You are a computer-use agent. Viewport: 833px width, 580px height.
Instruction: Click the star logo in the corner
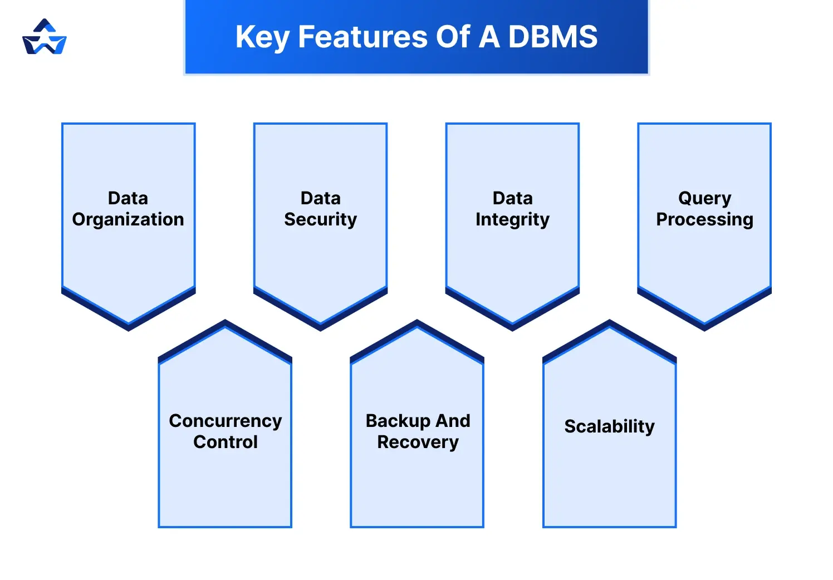[45, 37]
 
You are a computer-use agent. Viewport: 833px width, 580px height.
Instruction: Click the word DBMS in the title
[552, 37]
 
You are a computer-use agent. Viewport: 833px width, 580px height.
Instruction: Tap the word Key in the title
[262, 38]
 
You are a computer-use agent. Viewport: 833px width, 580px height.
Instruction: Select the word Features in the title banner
[362, 37]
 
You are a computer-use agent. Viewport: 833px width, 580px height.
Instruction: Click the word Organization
[128, 220]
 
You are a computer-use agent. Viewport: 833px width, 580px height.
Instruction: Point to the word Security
[320, 220]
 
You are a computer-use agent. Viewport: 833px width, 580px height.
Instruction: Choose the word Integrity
[512, 220]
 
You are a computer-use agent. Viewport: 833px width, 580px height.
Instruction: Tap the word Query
[704, 198]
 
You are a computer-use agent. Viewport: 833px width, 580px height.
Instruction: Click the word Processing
[704, 220]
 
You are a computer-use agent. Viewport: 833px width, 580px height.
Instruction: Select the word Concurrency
[225, 421]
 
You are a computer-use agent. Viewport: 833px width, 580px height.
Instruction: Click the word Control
[225, 442]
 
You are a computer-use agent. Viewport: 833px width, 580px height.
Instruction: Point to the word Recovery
[418, 442]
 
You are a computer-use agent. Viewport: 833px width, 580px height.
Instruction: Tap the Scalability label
[609, 426]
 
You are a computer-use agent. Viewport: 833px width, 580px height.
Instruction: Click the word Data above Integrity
[512, 198]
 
